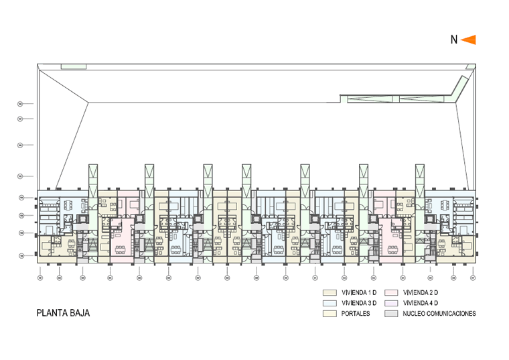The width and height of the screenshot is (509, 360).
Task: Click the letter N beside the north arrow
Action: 454,40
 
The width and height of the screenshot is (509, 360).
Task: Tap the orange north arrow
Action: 468,40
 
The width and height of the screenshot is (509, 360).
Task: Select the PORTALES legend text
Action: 356,313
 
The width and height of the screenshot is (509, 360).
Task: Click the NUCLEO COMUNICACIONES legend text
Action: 439,313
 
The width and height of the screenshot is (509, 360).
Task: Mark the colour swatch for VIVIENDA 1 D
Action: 329,293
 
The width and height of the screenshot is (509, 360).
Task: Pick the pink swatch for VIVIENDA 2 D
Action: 391,293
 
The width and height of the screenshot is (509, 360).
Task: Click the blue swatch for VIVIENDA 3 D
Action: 329,303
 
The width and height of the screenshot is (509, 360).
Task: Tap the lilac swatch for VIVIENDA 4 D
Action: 391,303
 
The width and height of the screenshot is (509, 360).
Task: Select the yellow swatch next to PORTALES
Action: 329,313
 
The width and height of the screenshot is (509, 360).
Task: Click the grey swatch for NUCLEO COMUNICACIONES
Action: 391,313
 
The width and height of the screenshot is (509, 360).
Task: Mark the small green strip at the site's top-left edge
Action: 74,66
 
